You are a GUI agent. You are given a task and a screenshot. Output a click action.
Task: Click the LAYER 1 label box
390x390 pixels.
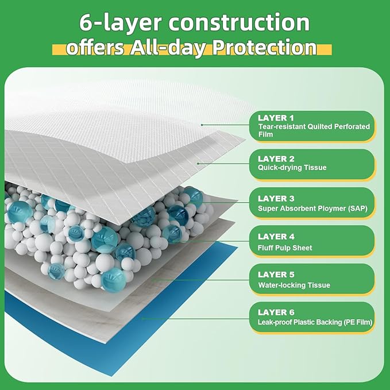coord(312,126)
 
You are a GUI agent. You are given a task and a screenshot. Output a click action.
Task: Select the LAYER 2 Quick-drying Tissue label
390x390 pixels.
coord(312,163)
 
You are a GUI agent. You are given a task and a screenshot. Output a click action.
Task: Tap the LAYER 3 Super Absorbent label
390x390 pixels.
coord(312,202)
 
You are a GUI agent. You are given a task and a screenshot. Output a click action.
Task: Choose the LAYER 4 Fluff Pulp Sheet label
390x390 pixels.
coord(312,241)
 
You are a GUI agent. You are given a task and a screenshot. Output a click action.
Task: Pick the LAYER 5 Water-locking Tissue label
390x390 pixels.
coord(312,279)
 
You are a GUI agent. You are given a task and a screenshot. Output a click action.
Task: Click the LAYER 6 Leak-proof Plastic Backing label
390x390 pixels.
coord(312,317)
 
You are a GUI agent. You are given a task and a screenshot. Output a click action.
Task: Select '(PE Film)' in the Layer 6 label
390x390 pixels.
coord(354,323)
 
